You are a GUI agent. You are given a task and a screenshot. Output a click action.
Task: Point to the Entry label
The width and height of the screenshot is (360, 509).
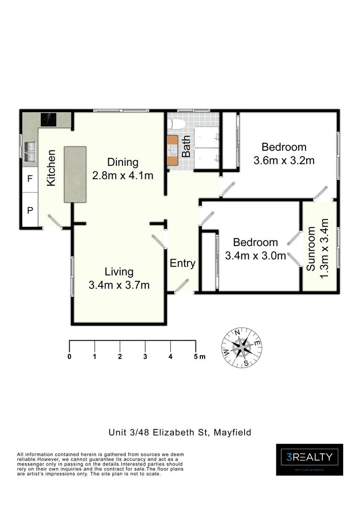coord(182,263)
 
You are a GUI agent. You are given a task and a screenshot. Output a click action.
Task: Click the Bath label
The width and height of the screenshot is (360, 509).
coord(187,147)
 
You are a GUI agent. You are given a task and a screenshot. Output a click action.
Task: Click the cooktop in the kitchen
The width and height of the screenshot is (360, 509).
coord(49,120)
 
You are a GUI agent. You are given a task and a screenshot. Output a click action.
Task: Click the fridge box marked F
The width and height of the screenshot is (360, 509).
coord(30,179)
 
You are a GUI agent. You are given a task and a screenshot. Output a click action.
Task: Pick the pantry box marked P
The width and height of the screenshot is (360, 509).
coord(30,210)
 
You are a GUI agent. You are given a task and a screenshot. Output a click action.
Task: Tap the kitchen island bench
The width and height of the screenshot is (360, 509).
coord(75,174)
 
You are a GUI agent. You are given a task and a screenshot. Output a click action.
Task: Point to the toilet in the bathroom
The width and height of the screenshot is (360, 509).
coord(178,124)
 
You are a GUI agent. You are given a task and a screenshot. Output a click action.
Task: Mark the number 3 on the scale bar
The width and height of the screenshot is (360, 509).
coord(146,356)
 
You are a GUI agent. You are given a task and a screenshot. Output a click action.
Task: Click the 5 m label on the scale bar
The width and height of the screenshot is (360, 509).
coord(199,356)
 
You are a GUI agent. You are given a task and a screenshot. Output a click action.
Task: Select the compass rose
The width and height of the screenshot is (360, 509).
coord(242,347)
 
